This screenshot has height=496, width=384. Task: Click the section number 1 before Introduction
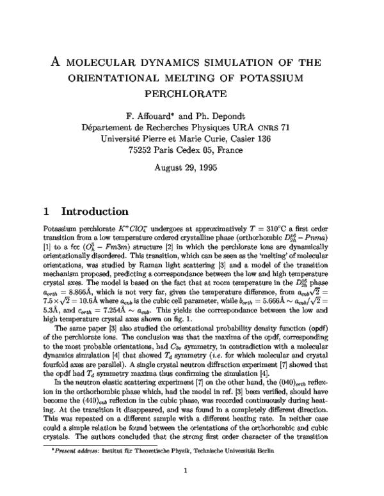point(45,211)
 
